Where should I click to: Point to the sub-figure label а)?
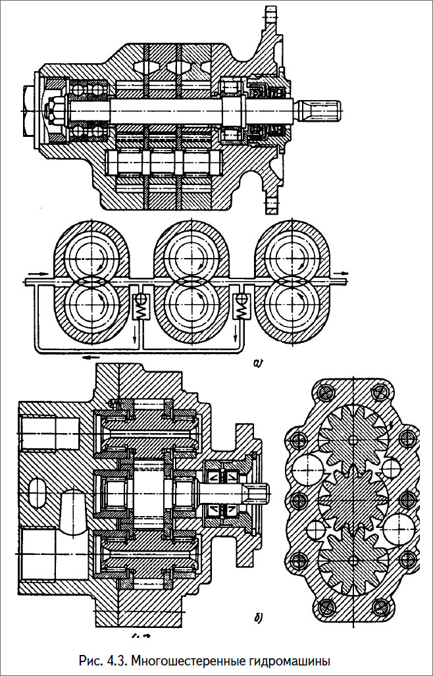pos(257,364)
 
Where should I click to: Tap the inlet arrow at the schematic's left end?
pos(39,274)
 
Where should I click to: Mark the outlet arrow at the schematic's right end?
pos(340,273)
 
